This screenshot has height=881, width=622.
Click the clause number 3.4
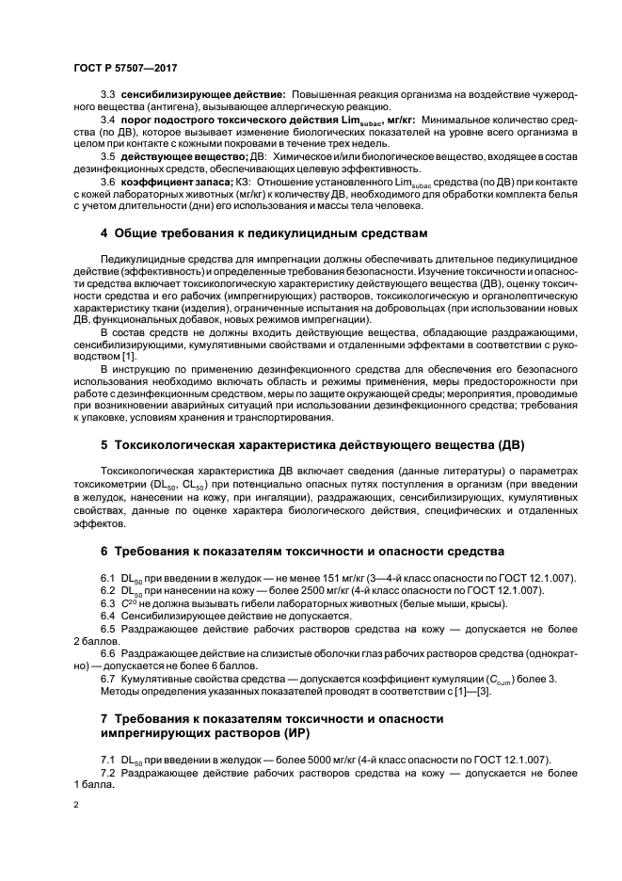[108, 120]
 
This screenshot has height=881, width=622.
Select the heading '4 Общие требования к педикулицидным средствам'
[263, 232]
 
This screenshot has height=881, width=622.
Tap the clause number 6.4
[108, 615]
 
